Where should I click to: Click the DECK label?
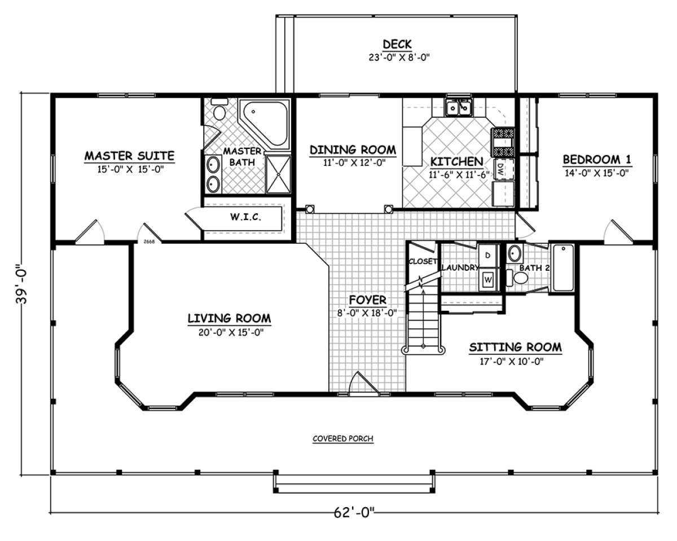tap(397, 45)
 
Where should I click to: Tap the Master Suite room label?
tap(129, 156)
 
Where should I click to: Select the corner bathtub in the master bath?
tap(264, 124)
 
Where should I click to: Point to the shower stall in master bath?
tap(278, 174)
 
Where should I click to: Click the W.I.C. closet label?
tap(245, 217)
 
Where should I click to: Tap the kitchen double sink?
tap(459, 108)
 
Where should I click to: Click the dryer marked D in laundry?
tap(489, 256)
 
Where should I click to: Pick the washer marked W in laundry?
tap(489, 279)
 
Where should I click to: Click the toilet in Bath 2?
tap(517, 278)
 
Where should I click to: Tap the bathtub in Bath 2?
tap(563, 268)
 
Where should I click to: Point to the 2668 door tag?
tap(149, 241)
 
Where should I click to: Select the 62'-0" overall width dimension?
tap(354, 513)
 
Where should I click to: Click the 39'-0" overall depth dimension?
tap(21, 283)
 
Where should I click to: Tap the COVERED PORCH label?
tap(343, 438)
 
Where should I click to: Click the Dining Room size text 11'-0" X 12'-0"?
tap(354, 162)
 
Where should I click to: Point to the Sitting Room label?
tap(515, 348)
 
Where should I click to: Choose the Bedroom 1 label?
tap(597, 160)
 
